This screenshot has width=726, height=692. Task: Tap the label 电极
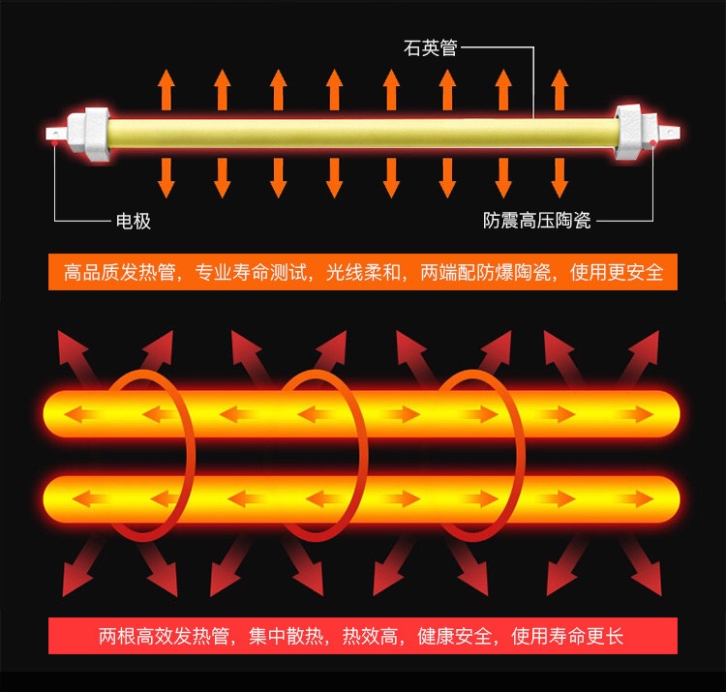coord(134,222)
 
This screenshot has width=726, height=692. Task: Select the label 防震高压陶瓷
coord(537,222)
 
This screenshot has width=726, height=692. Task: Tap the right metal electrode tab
coord(668,128)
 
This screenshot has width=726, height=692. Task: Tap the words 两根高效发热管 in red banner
coord(164,637)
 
